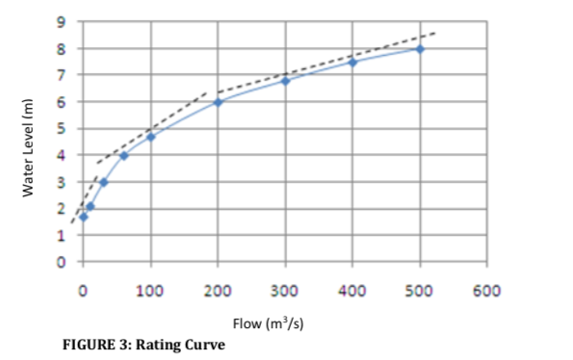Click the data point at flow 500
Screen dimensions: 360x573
click(420, 49)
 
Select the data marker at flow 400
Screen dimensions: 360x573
click(352, 63)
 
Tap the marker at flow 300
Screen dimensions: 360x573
click(286, 81)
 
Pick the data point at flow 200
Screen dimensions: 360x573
click(219, 102)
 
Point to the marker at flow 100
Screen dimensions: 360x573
click(151, 137)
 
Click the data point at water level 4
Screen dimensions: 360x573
click(124, 156)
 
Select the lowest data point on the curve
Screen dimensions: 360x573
click(84, 217)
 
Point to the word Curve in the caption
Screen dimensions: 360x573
click(208, 344)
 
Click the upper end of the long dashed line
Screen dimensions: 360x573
click(435, 33)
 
